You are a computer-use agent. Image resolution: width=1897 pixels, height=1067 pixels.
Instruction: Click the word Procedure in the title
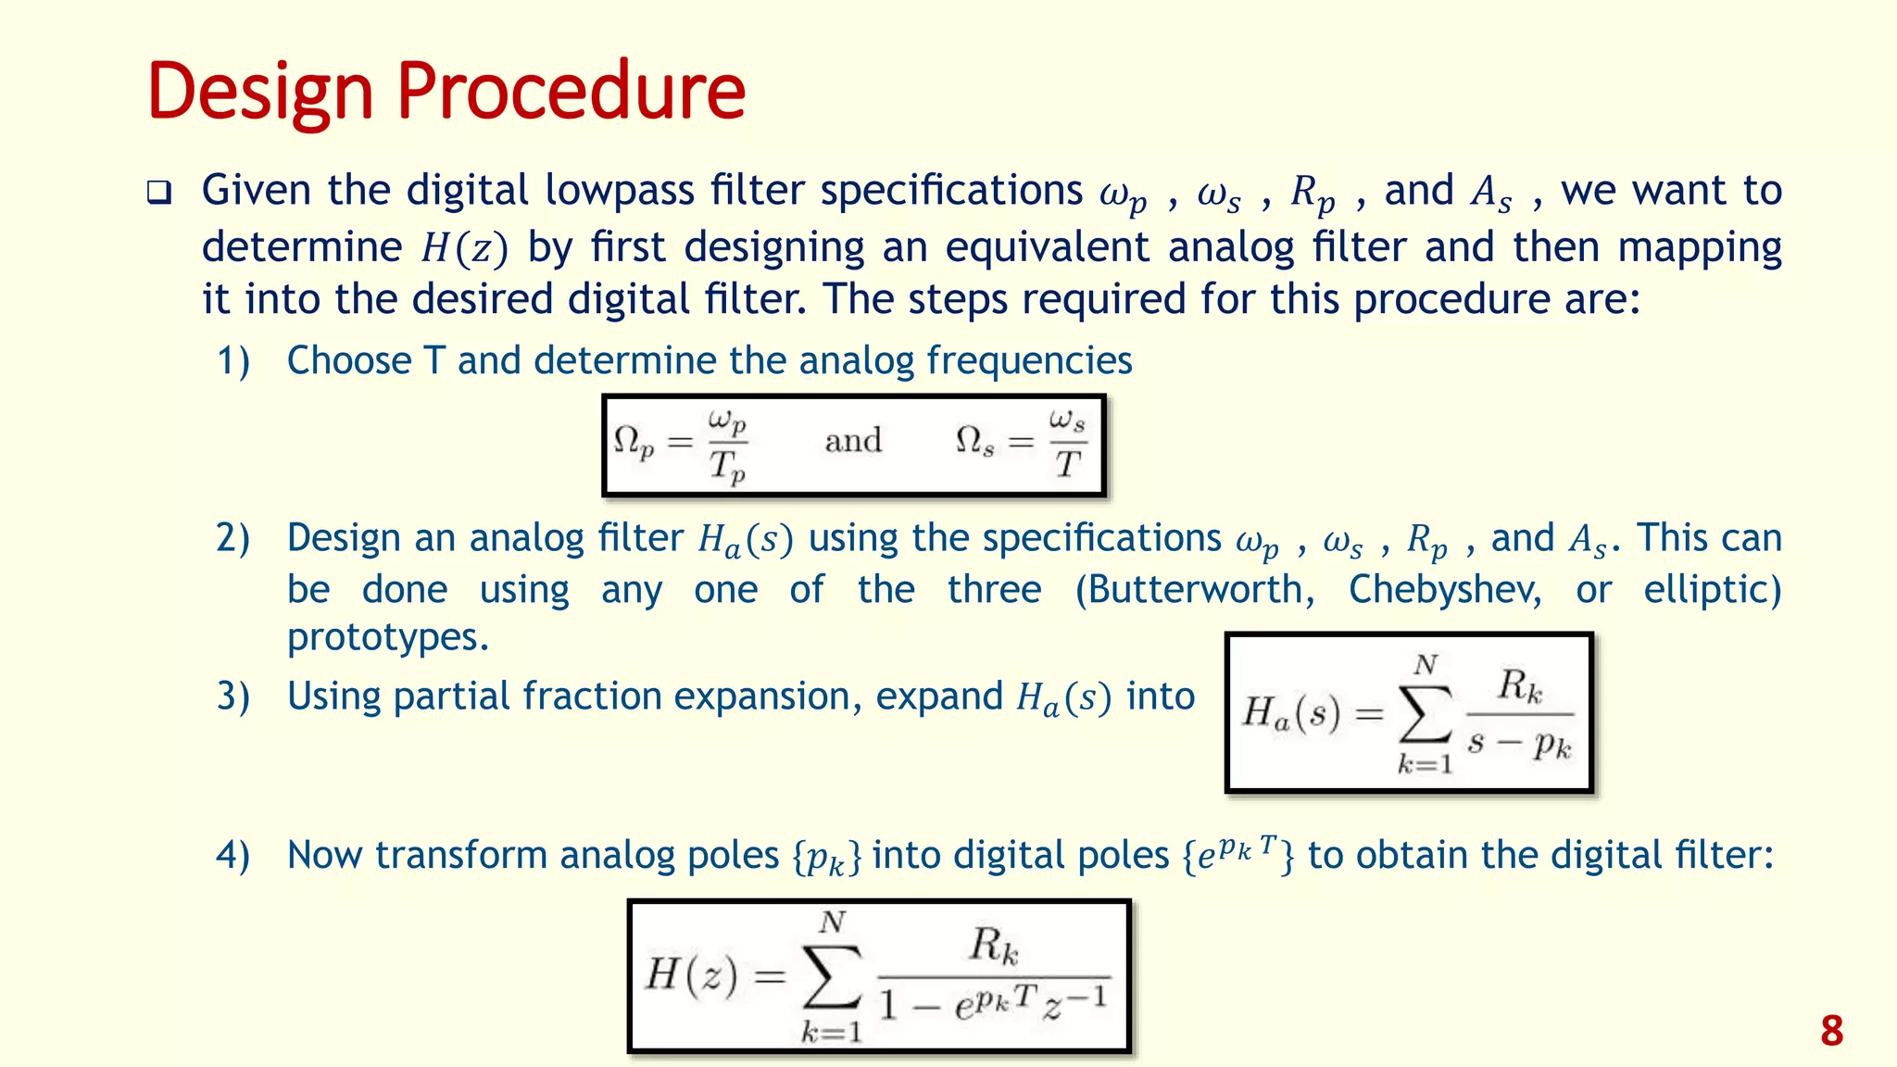[571, 93]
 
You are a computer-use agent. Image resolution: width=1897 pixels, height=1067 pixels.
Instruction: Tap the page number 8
[1831, 1031]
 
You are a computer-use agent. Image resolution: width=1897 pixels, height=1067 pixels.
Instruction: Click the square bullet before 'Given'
[159, 193]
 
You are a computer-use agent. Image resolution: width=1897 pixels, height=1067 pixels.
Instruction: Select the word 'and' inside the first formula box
[853, 441]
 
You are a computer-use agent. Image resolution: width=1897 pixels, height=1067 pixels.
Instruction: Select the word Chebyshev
[1445, 589]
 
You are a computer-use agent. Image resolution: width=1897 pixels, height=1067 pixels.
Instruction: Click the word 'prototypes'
[387, 637]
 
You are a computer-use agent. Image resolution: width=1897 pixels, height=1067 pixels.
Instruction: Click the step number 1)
[233, 360]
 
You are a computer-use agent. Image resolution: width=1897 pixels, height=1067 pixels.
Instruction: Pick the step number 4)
[233, 855]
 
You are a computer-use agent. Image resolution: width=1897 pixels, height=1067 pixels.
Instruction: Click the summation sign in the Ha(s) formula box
[1426, 714]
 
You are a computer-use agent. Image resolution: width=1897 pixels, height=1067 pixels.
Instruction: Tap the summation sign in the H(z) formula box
[832, 976]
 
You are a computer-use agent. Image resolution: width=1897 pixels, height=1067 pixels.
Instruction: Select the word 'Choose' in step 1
[349, 360]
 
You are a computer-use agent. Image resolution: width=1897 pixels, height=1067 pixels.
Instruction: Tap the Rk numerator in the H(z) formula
[994, 946]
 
